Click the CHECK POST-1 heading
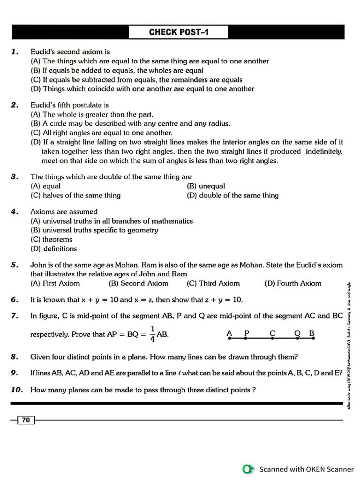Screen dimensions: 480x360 point(179,32)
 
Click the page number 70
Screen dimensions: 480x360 point(26,420)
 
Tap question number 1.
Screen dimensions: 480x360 point(15,52)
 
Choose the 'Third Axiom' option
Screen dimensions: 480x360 point(213,283)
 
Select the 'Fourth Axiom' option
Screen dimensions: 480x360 point(293,283)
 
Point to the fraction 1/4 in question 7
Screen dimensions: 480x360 point(152,334)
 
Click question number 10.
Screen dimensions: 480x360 point(17,390)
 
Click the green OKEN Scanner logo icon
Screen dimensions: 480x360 point(248,469)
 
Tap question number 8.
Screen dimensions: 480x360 point(15,357)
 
